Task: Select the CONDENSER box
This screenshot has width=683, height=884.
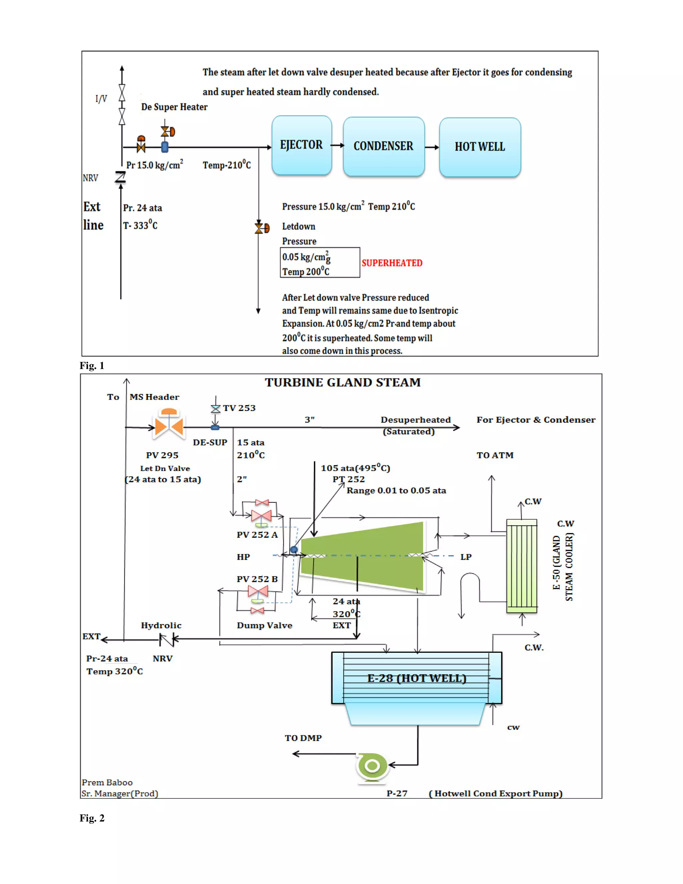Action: [x=384, y=146]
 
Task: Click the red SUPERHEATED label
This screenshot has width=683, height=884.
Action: [x=392, y=263]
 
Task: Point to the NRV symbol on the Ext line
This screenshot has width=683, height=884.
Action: [x=120, y=177]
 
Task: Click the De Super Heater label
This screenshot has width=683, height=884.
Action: [x=174, y=107]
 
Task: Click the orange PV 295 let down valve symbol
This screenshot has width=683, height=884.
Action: [x=169, y=425]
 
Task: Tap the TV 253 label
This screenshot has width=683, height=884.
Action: [x=239, y=408]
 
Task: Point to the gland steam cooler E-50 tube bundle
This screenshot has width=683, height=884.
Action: [x=522, y=566]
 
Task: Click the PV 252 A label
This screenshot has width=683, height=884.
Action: [x=257, y=535]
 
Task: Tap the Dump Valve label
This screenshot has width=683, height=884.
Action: [x=264, y=625]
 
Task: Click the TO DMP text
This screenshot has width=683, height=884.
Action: [x=303, y=738]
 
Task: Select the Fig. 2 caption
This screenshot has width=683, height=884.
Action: [x=92, y=818]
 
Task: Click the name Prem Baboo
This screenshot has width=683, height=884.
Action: [x=107, y=782]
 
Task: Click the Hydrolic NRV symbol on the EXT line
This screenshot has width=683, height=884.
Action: [x=167, y=640]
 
